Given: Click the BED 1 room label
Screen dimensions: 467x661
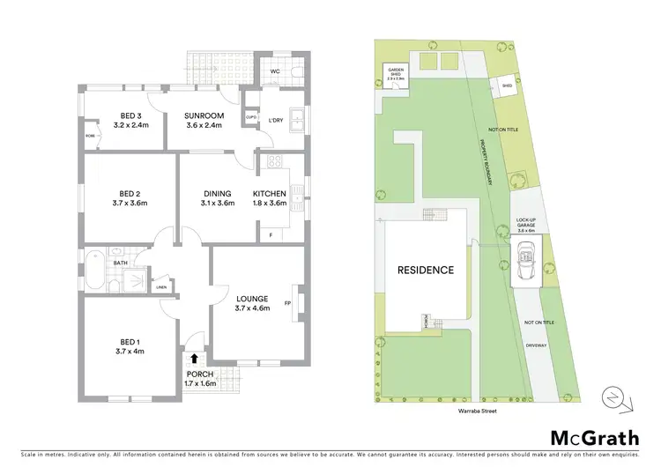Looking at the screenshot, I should [x=130, y=345].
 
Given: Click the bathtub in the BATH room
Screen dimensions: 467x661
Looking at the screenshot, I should [x=95, y=270].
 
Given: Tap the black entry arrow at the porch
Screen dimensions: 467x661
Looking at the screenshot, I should [x=194, y=360].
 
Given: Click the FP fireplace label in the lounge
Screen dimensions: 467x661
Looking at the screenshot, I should [x=287, y=304].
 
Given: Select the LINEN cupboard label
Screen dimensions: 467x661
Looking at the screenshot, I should [x=161, y=287].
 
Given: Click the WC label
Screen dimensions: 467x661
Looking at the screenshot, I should [x=275, y=70].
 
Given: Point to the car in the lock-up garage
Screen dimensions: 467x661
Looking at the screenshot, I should [x=527, y=259].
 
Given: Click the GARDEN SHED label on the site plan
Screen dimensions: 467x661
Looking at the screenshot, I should [x=394, y=74].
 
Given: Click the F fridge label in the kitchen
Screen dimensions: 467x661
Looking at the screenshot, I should [x=269, y=234].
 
